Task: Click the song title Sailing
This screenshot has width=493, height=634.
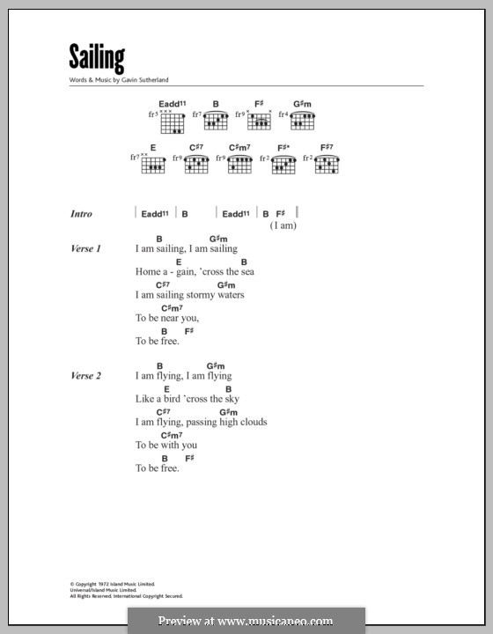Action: click(x=96, y=57)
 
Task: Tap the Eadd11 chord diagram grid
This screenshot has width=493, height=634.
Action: click(x=173, y=122)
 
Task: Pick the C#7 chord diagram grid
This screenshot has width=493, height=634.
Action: click(x=196, y=165)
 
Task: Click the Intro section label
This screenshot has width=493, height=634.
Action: click(x=81, y=214)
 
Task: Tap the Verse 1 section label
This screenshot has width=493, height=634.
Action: click(x=85, y=249)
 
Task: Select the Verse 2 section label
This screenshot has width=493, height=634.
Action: click(x=85, y=376)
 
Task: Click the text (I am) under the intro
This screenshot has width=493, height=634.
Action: click(x=283, y=226)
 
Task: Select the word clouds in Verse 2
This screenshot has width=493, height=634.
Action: click(x=252, y=422)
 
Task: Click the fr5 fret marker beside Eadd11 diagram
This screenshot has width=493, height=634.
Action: click(x=152, y=114)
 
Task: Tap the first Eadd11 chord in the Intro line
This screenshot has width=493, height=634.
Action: click(x=153, y=214)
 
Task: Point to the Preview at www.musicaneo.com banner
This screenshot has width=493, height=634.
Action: click(x=246, y=621)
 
